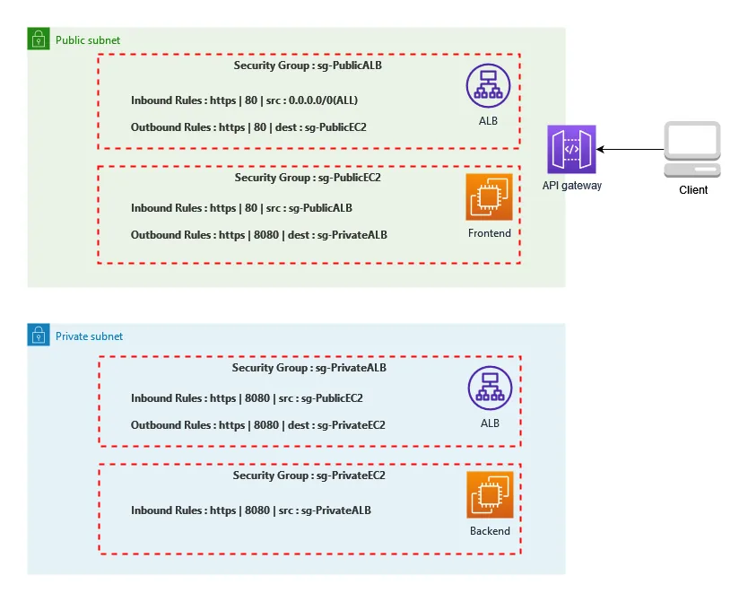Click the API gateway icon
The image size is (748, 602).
(571, 150)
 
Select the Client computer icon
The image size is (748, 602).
(691, 149)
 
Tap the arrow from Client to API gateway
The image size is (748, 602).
(629, 149)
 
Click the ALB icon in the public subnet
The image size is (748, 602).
(488, 86)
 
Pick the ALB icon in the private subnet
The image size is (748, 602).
(489, 389)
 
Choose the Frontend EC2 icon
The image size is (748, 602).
(489, 196)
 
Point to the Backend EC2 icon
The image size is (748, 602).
(489, 495)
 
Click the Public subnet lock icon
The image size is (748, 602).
(38, 39)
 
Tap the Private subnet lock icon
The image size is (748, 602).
(38, 336)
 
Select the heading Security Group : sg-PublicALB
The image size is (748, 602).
(309, 65)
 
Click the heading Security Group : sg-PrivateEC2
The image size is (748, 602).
(309, 475)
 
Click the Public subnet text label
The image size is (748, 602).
(87, 40)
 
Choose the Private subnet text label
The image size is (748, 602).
(89, 336)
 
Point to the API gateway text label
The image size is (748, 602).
(571, 186)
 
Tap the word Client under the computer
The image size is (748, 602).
(692, 190)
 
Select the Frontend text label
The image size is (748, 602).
(489, 233)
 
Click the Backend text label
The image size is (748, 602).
(490, 531)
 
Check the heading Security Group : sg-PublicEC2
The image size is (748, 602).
(308, 178)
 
